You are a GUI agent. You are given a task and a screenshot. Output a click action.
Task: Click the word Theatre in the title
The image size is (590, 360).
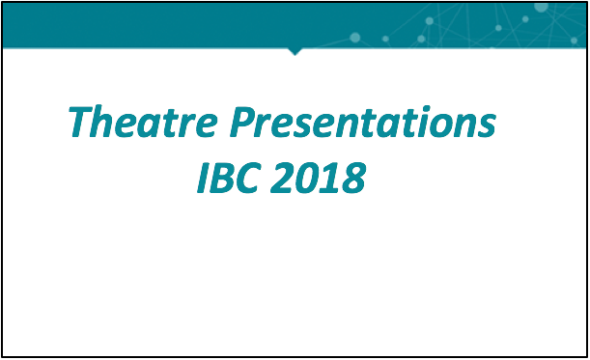(143, 122)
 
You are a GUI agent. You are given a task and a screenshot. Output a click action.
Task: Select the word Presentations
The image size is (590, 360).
(363, 122)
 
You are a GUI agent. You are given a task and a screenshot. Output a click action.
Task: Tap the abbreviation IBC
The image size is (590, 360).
(229, 178)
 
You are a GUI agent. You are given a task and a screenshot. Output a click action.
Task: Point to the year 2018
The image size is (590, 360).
(319, 178)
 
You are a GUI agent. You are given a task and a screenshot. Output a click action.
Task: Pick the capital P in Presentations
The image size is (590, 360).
(243, 122)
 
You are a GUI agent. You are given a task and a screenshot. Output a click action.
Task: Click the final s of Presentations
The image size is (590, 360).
(486, 126)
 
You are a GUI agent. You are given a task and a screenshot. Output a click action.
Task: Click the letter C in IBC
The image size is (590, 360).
(249, 179)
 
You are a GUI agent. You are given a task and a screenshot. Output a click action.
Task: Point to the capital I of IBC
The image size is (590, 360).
(204, 179)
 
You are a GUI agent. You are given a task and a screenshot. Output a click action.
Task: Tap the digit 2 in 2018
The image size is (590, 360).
(282, 179)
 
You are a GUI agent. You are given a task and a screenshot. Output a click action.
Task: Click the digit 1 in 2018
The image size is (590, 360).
(330, 179)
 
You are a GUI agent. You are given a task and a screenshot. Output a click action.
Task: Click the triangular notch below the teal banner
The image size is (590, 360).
(295, 51)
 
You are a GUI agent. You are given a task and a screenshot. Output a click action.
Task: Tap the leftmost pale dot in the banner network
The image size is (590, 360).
(354, 38)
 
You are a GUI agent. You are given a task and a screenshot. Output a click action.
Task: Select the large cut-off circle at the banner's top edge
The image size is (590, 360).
(541, 7)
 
